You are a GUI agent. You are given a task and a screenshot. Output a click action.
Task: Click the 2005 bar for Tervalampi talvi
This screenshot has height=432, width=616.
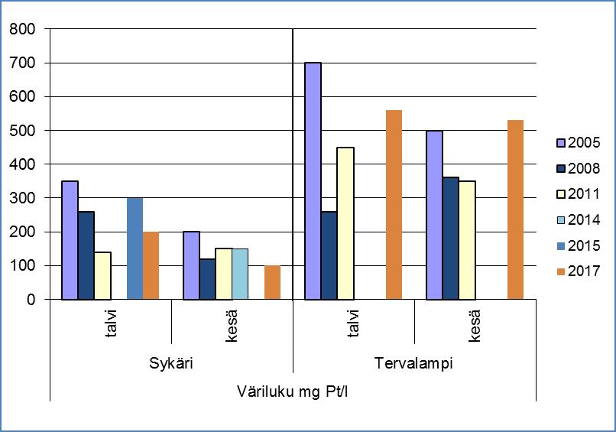pyautogui.click(x=313, y=181)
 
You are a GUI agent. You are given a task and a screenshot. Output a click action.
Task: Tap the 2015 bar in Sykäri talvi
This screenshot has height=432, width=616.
pyautogui.click(x=135, y=248)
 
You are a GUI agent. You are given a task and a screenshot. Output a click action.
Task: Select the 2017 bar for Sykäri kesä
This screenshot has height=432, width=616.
pyautogui.click(x=272, y=282)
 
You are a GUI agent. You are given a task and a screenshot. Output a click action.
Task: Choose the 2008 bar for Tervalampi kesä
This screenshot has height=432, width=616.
pyautogui.click(x=451, y=239)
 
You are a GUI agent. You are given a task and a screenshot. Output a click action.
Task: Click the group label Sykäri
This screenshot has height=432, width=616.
pyautogui.click(x=171, y=364)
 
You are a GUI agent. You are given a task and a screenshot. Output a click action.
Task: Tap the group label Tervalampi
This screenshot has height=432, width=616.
pyautogui.click(x=414, y=364)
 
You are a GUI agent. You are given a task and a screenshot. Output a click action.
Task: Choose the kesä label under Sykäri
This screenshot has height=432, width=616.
pyautogui.click(x=232, y=323)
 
